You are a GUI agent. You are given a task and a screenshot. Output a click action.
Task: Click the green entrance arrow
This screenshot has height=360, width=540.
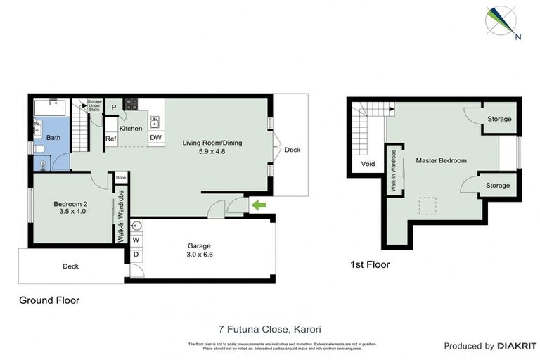tap(259, 205)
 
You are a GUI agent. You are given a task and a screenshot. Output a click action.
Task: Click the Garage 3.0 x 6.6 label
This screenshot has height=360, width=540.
tap(200, 250)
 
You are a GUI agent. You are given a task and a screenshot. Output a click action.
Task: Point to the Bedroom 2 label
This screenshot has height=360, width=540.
tap(72, 208)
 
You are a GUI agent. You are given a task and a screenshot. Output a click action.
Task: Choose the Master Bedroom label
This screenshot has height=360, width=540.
tap(441, 160)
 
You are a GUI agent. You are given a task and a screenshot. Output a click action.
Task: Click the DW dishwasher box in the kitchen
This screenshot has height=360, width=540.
tap(156, 138)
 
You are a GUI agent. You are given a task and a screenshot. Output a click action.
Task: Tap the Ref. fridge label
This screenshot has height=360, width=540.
tap(111, 139)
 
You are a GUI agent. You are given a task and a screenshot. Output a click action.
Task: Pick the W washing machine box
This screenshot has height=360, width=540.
tap(136, 240)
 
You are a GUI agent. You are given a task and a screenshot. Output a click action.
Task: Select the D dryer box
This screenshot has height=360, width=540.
tap(136, 254)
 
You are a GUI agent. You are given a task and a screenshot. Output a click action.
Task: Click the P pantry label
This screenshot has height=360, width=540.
tap(114, 107)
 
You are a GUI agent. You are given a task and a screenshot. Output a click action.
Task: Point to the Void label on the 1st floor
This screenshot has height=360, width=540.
tap(368, 164)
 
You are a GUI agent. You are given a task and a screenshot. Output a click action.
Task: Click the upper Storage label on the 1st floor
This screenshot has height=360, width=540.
tap(499, 119)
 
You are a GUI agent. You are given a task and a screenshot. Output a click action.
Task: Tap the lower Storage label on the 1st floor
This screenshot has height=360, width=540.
tap(498, 185)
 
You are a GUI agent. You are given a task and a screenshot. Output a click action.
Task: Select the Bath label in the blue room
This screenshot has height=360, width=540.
tap(54, 138)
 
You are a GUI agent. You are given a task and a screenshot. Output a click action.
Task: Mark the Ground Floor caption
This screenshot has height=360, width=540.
tap(49, 300)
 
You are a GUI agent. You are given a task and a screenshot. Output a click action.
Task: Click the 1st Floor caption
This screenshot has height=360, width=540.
tap(369, 265)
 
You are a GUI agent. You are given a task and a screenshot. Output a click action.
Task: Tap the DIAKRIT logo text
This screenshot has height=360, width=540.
tap(516, 346)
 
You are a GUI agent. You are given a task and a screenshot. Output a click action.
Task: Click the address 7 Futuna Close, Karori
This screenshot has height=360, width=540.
tap(270, 328)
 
